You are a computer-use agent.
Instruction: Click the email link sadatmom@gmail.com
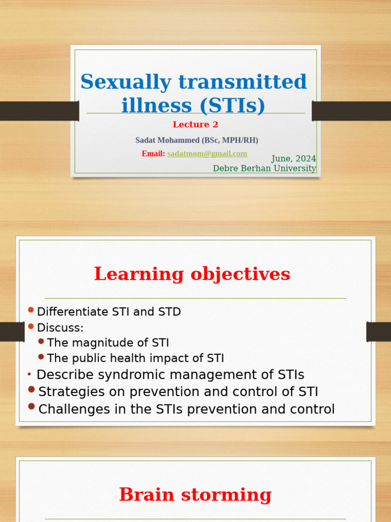click(207, 154)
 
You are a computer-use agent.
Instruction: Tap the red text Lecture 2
click(195, 124)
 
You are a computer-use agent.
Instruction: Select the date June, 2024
click(294, 159)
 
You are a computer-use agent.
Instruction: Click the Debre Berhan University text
click(264, 168)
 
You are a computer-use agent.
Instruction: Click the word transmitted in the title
click(242, 82)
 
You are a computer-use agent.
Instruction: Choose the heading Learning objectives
click(192, 274)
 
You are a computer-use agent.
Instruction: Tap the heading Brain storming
click(195, 494)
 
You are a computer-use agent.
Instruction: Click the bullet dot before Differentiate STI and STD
click(31, 310)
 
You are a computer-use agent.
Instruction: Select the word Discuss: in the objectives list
click(60, 328)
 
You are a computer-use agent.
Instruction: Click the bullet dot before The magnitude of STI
click(41, 341)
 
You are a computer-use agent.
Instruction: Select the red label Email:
click(153, 154)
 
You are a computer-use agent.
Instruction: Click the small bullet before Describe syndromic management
click(29, 375)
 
